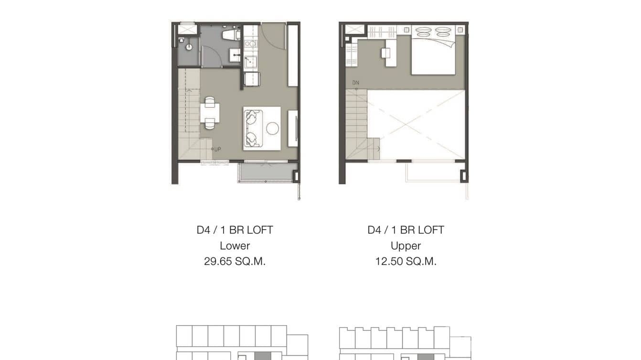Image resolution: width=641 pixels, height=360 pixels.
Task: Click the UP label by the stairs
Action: pyautogui.click(x=217, y=149)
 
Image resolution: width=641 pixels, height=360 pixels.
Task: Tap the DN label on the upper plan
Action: pyautogui.click(x=355, y=83)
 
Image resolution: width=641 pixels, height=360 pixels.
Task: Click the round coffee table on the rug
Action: pyautogui.click(x=273, y=128)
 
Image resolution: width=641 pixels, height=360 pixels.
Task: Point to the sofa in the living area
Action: pyautogui.click(x=253, y=128)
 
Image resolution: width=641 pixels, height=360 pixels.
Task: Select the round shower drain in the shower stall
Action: pyautogui.click(x=189, y=47)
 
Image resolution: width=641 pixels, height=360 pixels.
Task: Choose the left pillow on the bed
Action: pyautogui.click(x=423, y=32)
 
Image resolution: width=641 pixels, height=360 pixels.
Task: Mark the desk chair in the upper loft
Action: pyautogui.click(x=385, y=53)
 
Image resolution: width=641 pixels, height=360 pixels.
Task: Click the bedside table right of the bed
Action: pyautogui.click(x=460, y=30)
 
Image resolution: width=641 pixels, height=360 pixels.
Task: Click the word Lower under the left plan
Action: pyautogui.click(x=235, y=246)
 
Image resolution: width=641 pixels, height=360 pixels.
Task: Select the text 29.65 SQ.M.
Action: pyautogui.click(x=235, y=262)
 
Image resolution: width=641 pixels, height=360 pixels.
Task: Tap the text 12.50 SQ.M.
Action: pyautogui.click(x=406, y=262)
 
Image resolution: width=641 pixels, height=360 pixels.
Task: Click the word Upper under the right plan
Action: pyautogui.click(x=406, y=246)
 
